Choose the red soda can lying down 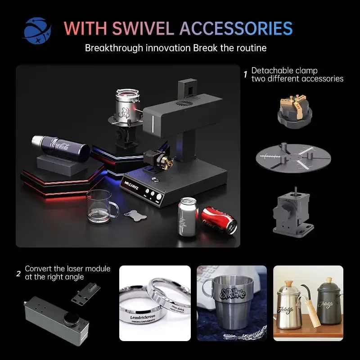click(x=219, y=219)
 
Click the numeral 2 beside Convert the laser click(x=18, y=273)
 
